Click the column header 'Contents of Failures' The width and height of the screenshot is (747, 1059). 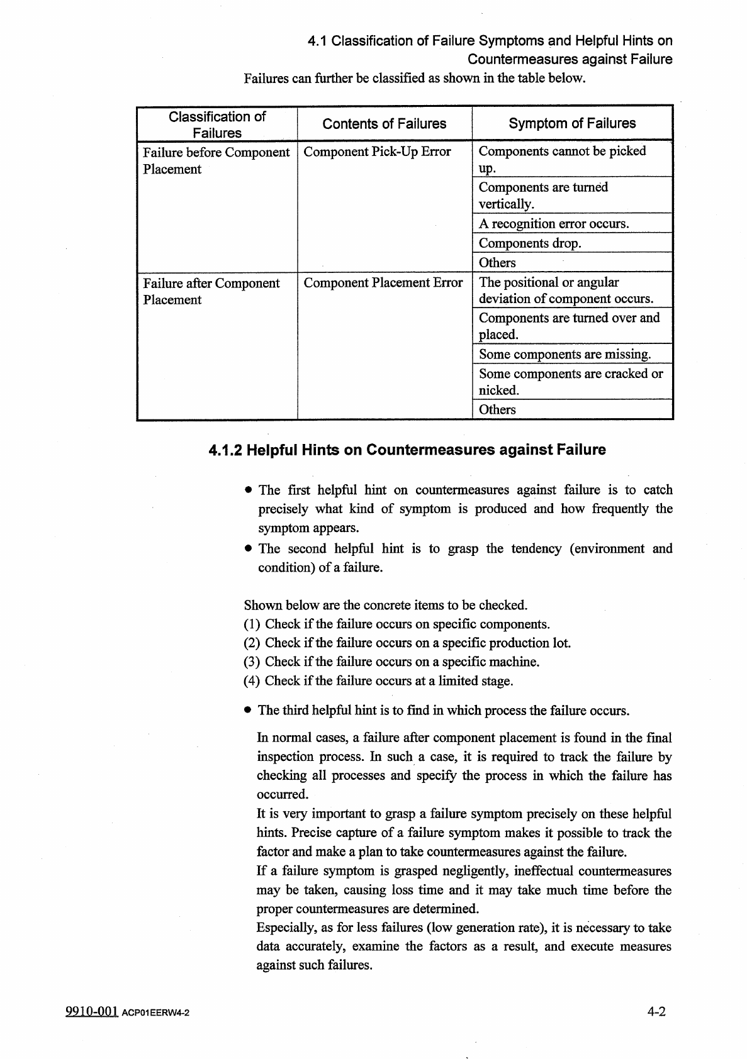click(384, 124)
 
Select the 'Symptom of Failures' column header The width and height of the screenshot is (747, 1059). click(572, 123)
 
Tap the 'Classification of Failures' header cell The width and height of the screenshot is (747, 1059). click(217, 125)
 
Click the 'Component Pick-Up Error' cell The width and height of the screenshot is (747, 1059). click(377, 152)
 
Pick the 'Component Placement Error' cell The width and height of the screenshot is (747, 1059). click(383, 283)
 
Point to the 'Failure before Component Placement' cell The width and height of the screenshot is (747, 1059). click(216, 160)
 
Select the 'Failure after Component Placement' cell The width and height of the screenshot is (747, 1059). click(211, 291)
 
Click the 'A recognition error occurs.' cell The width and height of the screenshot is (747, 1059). click(554, 224)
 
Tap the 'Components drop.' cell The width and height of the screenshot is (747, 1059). click(530, 243)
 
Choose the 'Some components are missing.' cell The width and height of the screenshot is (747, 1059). click(564, 354)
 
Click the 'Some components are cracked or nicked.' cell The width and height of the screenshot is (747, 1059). click(571, 382)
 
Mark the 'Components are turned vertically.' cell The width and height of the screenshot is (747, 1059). click(543, 196)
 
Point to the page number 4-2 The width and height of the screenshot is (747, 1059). click(656, 1012)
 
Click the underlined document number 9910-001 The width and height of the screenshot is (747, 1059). click(92, 1012)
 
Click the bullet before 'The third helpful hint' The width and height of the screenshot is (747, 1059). click(249, 711)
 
